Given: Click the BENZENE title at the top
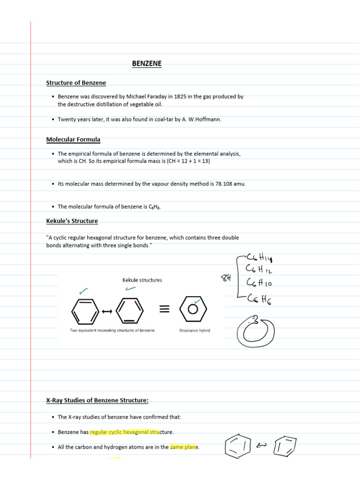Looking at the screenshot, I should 147,63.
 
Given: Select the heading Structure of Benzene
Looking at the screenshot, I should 76,83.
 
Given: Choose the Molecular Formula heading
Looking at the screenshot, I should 73,140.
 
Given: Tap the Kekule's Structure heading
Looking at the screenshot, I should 72,221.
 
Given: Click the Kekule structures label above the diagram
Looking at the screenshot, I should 142,280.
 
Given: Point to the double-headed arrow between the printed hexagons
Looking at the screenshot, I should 107,310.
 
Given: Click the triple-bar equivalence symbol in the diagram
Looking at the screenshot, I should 164,309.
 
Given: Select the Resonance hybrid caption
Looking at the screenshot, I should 195,330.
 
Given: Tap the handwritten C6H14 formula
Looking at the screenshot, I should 258,257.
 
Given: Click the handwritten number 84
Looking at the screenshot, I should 227,278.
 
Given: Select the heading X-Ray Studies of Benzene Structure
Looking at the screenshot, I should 97,400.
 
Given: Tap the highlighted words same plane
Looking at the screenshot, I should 185,447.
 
